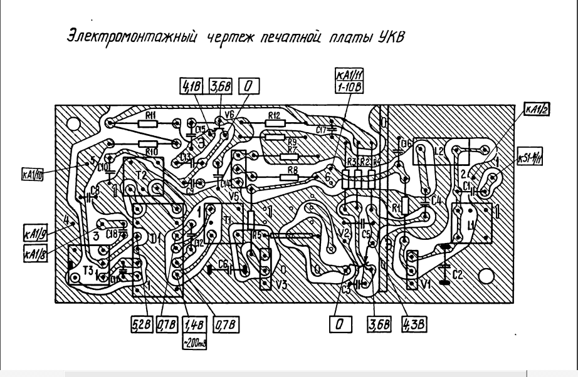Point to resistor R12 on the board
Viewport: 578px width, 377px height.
(x=273, y=116)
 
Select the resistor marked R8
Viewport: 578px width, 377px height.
(x=291, y=170)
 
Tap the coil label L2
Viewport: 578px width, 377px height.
(x=438, y=152)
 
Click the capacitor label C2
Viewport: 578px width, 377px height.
(x=458, y=274)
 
